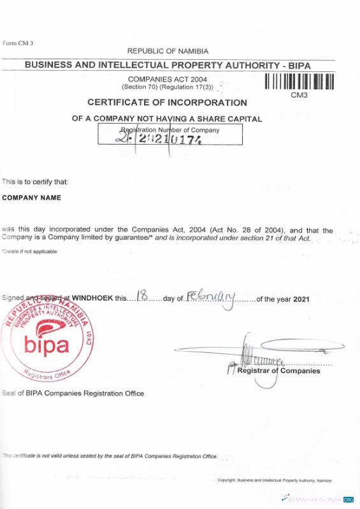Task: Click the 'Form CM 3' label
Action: click(x=17, y=43)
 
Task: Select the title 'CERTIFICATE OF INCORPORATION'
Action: click(x=167, y=103)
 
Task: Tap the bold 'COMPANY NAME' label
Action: click(x=32, y=198)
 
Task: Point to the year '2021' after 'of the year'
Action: click(x=301, y=299)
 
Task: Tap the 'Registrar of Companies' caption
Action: click(x=278, y=371)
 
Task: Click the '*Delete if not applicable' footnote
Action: click(x=29, y=252)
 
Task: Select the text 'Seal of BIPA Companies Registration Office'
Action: click(x=73, y=393)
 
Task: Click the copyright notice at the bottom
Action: click(x=274, y=480)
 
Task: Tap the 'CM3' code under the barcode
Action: click(x=299, y=96)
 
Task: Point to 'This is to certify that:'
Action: click(x=35, y=182)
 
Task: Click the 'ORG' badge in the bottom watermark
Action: click(x=349, y=499)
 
